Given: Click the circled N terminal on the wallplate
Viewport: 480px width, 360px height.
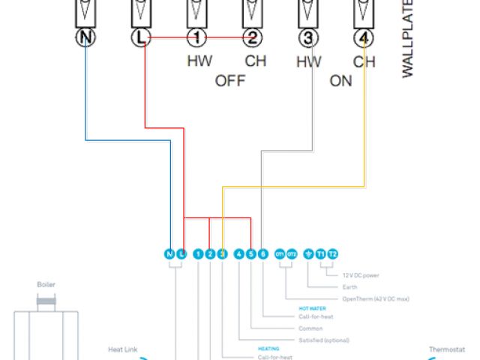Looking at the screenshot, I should [x=86, y=37].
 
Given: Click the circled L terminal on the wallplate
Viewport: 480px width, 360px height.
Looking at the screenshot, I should [x=142, y=37].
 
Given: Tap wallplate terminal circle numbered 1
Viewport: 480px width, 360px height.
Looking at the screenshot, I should [x=197, y=37].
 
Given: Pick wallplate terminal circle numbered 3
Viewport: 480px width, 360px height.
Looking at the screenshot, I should [x=307, y=37].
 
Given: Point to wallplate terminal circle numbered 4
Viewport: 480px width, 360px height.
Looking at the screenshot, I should [x=363, y=37].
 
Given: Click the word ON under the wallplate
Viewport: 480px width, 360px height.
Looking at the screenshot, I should [x=340, y=81].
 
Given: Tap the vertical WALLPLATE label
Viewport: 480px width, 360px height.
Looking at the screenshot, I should [x=409, y=45].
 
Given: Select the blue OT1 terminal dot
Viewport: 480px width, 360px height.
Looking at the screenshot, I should [x=280, y=254].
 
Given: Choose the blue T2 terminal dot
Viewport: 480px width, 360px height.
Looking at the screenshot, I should [x=333, y=254].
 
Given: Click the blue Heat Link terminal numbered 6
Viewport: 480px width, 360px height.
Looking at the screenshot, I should [x=262, y=254].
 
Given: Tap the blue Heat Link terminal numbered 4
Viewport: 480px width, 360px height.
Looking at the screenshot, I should [x=238, y=254].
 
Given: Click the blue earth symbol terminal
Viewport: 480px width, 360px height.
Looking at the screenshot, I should [x=309, y=254].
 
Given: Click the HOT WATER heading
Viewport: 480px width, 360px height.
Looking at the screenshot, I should [x=312, y=308].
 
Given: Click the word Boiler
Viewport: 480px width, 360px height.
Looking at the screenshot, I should [x=46, y=285].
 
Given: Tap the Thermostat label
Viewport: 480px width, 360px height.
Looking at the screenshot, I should [x=447, y=349].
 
